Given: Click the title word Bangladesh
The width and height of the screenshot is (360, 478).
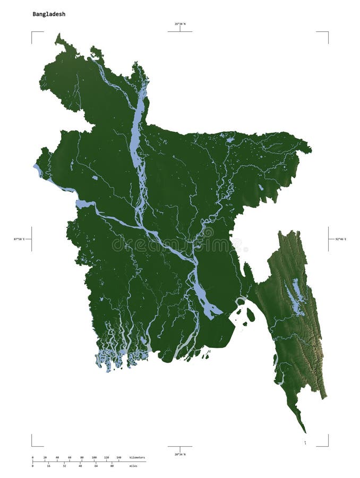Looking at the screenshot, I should click(49, 14).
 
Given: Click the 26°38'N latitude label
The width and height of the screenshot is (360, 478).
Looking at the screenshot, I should click(180, 24).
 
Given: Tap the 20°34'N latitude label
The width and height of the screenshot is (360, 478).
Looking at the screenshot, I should click(180, 455).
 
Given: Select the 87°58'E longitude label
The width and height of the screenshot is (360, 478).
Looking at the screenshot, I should click(19, 239).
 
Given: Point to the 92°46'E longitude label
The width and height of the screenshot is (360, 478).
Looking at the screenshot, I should click(340, 239).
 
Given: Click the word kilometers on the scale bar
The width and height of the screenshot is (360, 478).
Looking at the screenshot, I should click(137, 457).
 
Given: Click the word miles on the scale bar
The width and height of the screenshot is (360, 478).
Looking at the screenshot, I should click(133, 466).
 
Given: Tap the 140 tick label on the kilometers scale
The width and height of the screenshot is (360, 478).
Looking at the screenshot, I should click(118, 457).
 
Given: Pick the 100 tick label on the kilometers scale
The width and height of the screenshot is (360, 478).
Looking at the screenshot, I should click(94, 457).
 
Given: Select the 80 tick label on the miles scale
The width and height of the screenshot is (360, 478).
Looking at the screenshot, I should click(112, 466).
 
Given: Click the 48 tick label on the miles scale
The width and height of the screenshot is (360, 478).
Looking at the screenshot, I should click(80, 466).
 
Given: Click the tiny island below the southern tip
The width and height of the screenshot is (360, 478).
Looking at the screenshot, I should click(305, 442).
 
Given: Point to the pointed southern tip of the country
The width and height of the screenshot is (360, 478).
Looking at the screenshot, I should click(305, 431).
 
